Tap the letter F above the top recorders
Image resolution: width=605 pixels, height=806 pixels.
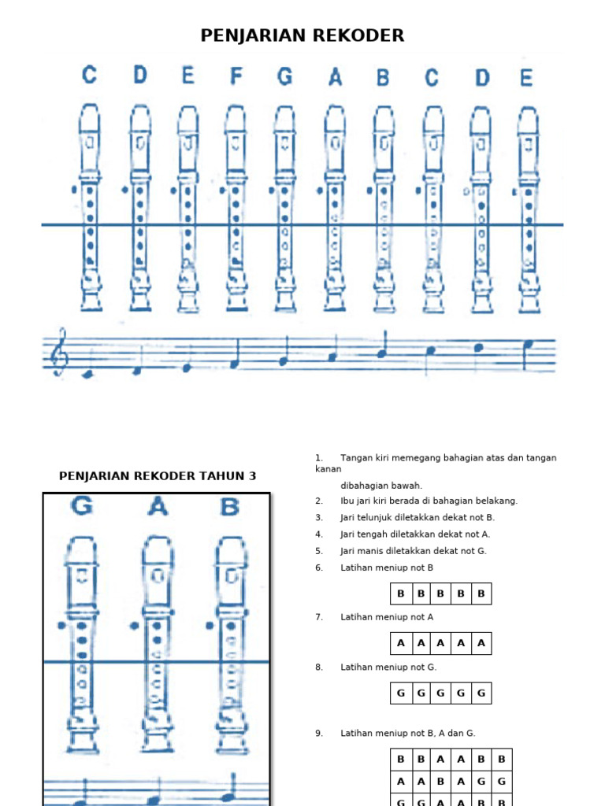tap(236, 76)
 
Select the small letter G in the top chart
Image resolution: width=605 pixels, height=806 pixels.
tap(285, 76)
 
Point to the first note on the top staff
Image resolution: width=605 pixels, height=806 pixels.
tap(88, 375)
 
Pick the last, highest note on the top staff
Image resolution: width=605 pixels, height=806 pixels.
tap(528, 343)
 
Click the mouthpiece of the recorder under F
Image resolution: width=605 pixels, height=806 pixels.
tap(235, 118)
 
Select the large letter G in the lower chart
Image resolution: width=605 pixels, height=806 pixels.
tap(81, 507)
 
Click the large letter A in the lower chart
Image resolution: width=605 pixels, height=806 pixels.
tap(158, 508)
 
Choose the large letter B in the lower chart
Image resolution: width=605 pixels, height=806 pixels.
tap(229, 507)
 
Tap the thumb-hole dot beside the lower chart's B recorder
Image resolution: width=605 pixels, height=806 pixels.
tap(210, 625)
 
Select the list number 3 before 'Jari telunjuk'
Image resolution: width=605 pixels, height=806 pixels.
tap(319, 518)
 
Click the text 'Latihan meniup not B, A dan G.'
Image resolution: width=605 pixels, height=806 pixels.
tap(407, 734)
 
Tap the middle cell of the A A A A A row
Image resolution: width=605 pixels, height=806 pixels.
tap(441, 643)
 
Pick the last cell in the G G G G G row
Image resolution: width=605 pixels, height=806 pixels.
tap(481, 693)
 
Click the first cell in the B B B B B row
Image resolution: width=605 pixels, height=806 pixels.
tap(401, 593)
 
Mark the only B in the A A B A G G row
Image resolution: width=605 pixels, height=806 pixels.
tap(441, 782)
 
